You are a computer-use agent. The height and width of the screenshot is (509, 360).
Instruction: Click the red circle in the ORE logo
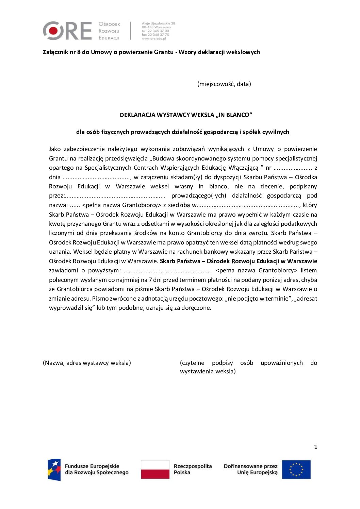click(x=53, y=31)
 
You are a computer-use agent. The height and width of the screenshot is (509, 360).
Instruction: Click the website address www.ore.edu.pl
click(x=154, y=39)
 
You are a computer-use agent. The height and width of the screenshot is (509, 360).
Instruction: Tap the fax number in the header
click(x=156, y=35)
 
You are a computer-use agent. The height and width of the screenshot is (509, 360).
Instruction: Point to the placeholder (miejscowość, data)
click(x=224, y=84)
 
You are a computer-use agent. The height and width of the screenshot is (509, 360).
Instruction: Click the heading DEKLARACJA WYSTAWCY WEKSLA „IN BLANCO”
click(x=186, y=115)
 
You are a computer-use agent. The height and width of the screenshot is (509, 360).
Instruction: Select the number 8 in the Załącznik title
click(x=79, y=52)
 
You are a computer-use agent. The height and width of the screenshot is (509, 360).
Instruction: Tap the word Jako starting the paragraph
click(x=55, y=149)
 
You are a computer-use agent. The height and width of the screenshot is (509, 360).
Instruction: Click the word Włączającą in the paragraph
click(x=243, y=168)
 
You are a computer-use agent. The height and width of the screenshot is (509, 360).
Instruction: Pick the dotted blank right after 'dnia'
click(x=96, y=177)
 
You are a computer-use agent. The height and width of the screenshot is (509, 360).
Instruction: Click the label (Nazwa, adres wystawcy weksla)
click(x=87, y=363)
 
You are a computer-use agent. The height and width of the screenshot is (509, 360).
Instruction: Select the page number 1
click(x=315, y=447)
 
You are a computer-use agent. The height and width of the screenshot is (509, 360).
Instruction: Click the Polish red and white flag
click(x=155, y=469)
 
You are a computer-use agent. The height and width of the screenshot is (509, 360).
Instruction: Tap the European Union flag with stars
click(x=296, y=469)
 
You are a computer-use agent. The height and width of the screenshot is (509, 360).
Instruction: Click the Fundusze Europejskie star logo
click(x=54, y=469)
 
